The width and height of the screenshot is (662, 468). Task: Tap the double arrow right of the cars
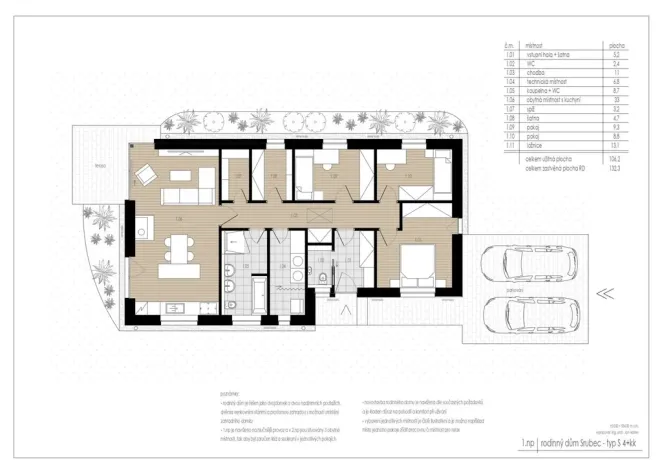coord(603,293)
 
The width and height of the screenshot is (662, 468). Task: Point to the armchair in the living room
coord(145,175)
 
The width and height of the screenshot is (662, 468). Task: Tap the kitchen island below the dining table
coord(180,271)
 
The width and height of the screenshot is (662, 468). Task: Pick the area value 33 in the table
coord(616,101)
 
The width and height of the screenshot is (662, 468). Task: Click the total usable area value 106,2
coord(615,158)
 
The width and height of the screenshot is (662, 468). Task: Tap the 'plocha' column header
coord(617,46)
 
